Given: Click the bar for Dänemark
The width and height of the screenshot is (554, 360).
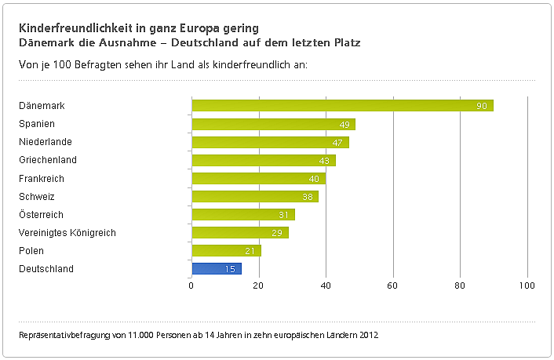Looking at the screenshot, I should tap(342, 106).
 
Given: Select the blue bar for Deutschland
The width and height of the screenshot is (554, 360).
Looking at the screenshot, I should tap(217, 269).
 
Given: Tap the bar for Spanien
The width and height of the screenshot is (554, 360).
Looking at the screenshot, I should tap(273, 124).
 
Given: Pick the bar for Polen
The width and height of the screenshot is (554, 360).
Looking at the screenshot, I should tap(226, 251).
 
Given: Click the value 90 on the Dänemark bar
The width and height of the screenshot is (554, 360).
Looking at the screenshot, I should tap(483, 106).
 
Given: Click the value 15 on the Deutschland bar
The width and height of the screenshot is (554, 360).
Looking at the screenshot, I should tap(231, 269).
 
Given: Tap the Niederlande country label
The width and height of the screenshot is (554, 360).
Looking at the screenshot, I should tap(46, 142).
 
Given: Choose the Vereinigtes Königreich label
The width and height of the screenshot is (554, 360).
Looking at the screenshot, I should tap(67, 233).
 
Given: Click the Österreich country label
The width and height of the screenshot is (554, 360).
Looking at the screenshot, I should tap(41, 215).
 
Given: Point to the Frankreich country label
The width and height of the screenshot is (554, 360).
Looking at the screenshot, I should tap(42, 178).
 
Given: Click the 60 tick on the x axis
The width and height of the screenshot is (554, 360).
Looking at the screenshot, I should tap(393, 285).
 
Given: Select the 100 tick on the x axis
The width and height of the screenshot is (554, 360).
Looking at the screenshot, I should tap(527, 285).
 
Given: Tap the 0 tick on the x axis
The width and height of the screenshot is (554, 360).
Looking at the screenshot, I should tap(191, 285).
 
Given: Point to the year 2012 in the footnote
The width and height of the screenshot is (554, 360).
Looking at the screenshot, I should tap(369, 336).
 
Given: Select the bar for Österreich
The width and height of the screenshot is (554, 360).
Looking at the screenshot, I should tap(243, 215).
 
